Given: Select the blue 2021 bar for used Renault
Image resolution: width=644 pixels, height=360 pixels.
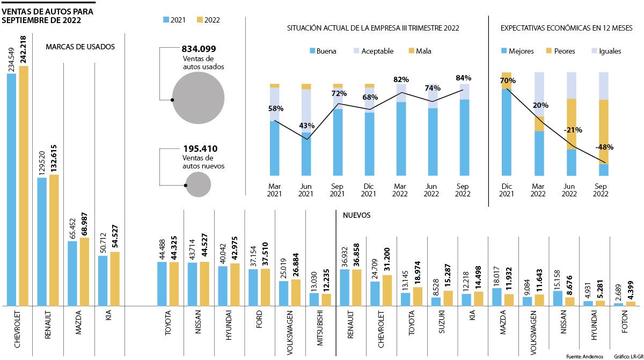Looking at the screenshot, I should click(x=42, y=241).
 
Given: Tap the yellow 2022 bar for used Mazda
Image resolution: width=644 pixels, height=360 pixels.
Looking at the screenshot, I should click(x=84, y=271).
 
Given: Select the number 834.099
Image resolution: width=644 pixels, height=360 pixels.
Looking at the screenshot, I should click(x=199, y=49).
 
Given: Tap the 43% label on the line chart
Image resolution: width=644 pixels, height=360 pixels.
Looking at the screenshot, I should click(x=306, y=126).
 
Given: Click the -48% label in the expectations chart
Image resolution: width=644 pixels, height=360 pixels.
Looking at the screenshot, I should click(x=604, y=147).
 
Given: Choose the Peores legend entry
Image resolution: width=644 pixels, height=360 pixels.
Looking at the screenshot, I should click(x=560, y=52).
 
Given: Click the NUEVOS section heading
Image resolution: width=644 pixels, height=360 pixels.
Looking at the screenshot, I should click(x=356, y=215).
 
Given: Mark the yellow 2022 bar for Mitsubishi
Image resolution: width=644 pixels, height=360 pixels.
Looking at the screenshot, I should click(x=326, y=299).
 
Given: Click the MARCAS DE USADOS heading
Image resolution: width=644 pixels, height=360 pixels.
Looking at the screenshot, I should click(x=80, y=47).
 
